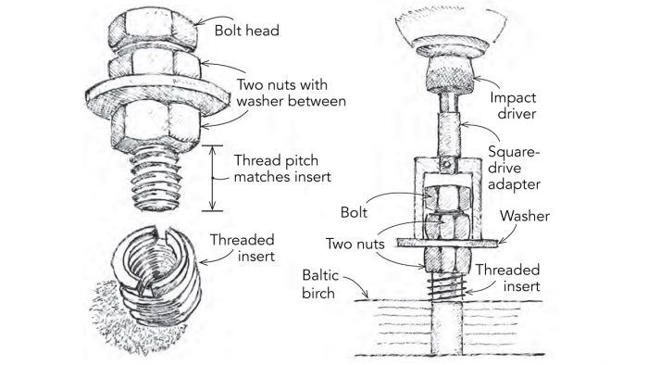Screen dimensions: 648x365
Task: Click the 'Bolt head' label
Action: [x=247, y=31]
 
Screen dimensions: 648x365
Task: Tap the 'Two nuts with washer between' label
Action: [x=291, y=93]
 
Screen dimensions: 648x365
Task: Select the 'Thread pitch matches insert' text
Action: [x=282, y=169]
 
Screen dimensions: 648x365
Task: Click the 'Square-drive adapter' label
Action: [x=514, y=168]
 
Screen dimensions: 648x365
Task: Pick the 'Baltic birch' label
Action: [x=320, y=284]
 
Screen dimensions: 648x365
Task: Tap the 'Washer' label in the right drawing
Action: [x=525, y=216]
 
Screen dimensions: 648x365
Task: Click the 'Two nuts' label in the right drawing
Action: [x=355, y=244]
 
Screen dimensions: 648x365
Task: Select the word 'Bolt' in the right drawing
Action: [x=354, y=212]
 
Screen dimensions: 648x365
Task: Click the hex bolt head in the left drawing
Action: [x=153, y=30]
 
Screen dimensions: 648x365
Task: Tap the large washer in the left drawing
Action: [x=157, y=96]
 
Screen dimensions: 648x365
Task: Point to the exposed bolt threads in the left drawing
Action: [x=156, y=180]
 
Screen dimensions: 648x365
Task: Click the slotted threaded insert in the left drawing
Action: [x=156, y=273]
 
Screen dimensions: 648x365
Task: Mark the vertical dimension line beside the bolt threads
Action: [x=212, y=178]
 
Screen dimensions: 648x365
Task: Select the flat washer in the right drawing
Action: [x=447, y=244]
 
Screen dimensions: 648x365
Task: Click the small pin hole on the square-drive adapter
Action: [x=446, y=165]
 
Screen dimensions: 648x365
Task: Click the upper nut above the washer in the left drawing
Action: [x=155, y=63]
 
